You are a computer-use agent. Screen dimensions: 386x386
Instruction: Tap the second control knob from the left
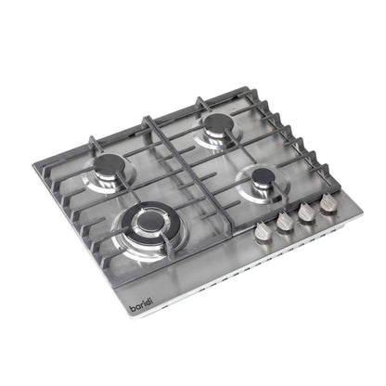pos(284,219)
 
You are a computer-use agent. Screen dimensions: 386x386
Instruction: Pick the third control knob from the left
pos(304,211)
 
